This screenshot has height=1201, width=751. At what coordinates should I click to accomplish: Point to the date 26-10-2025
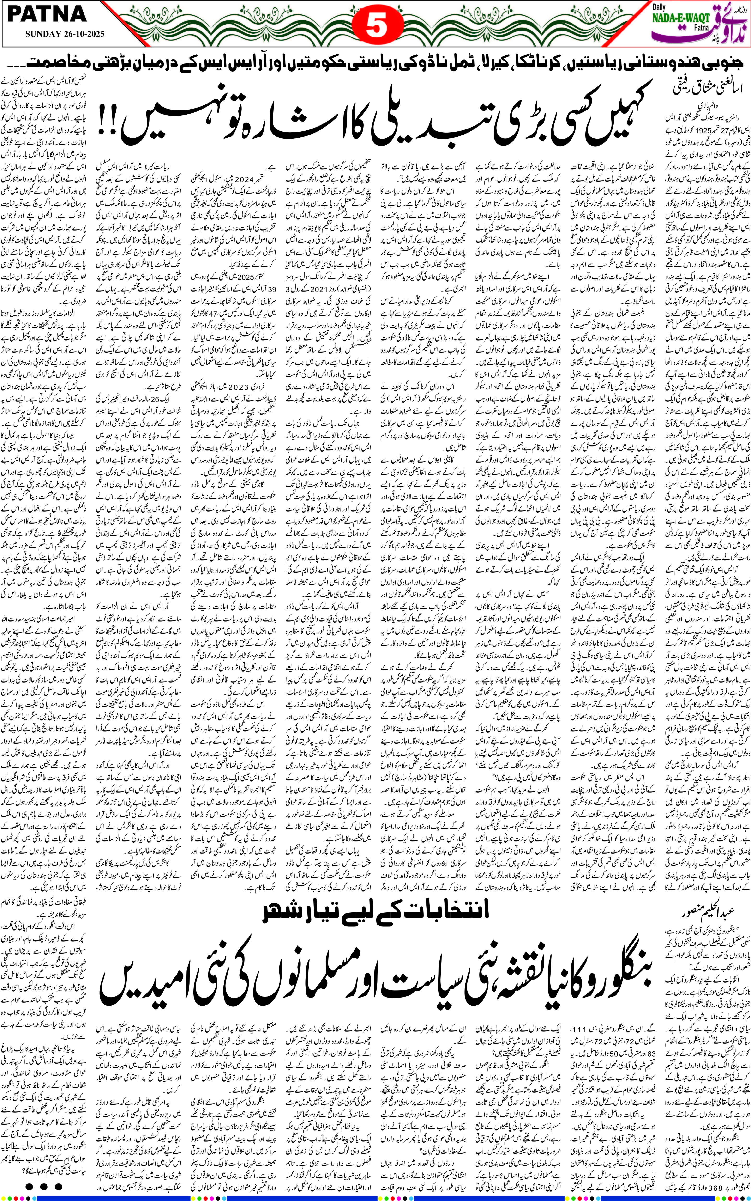click(79, 34)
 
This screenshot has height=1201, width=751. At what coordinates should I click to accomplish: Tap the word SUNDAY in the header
click(41, 34)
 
